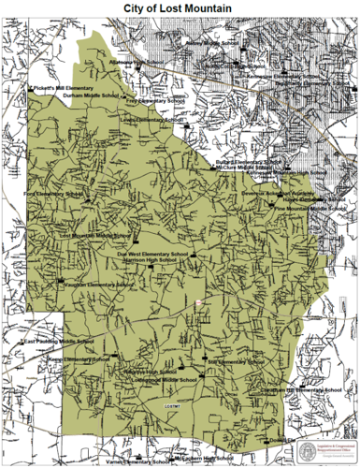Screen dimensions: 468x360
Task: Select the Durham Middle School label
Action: [x=91, y=95]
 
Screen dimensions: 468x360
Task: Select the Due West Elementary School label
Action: [x=153, y=253]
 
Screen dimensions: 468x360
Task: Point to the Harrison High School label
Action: [x=152, y=260]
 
